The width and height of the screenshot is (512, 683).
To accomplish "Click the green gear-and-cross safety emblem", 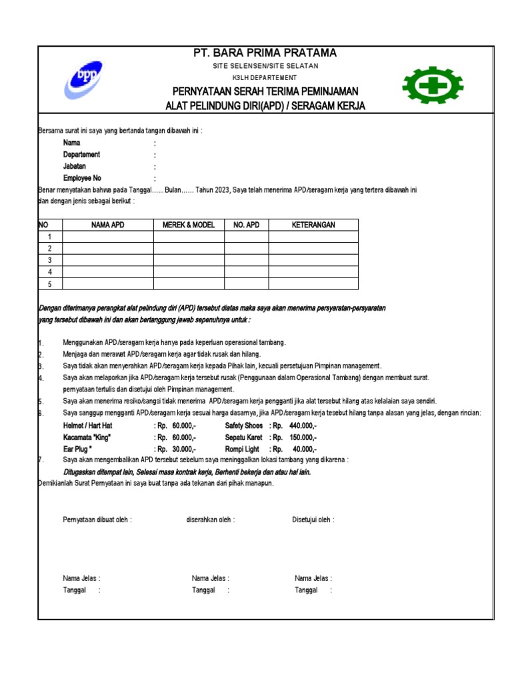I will (432, 85).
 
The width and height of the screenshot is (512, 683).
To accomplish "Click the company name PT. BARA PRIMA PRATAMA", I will (265, 53).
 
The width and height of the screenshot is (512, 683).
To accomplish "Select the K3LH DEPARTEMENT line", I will (265, 78).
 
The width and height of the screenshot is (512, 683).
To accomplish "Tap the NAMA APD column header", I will (108, 225).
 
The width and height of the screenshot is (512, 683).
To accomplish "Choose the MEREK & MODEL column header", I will (189, 225).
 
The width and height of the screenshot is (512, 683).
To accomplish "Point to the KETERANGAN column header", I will (313, 225).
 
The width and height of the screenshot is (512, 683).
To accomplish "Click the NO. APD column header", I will (246, 225).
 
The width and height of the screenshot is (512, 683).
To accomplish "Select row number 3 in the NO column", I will (50, 260).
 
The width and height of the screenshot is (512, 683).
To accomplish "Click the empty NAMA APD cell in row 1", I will (108, 237).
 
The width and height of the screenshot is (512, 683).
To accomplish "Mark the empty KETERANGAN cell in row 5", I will (313, 284).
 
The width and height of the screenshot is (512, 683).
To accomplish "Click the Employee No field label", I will (82, 178).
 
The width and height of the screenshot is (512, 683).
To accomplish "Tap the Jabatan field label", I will (75, 166).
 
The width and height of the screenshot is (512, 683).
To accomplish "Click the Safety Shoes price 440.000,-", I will (303, 426).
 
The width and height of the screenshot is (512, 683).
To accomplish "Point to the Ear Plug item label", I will (77, 450).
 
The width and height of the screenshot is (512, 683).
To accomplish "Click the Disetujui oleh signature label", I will (313, 520).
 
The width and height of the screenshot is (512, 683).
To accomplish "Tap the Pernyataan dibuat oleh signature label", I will (97, 520).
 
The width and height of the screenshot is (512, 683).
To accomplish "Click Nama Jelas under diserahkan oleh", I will (211, 578).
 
